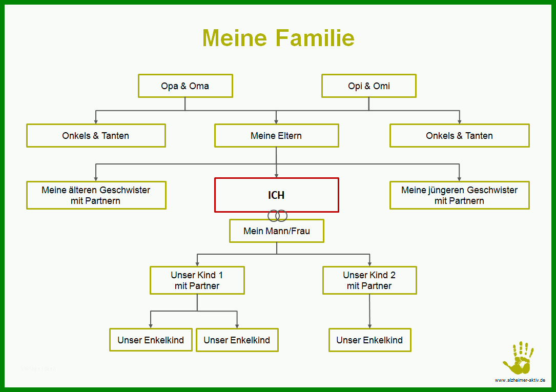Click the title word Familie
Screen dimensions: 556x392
[315, 38]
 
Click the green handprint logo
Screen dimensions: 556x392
[518, 358]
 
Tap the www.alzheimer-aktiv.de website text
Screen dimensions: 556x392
[520, 380]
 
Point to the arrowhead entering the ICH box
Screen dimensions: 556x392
[276, 175]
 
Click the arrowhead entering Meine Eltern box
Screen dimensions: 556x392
[276, 121]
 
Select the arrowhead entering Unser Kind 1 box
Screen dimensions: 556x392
[197, 264]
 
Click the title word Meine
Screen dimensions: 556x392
[234, 38]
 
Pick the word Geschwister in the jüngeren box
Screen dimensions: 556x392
[492, 190]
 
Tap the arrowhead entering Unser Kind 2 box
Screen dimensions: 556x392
[369, 264]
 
